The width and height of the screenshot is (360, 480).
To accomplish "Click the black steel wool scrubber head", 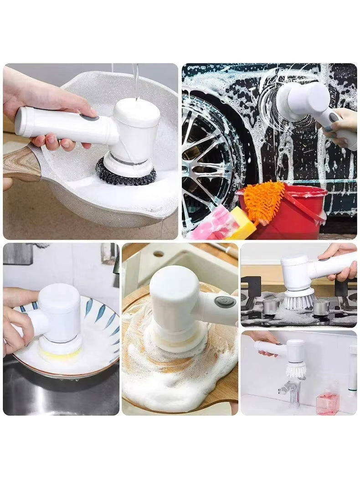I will (125, 175).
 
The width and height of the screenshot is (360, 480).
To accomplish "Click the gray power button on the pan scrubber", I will (90, 118).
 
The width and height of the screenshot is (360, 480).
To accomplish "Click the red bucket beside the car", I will (301, 209).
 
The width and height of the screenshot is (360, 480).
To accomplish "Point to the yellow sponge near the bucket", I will (244, 223).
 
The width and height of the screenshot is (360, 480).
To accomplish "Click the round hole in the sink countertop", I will (159, 254).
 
